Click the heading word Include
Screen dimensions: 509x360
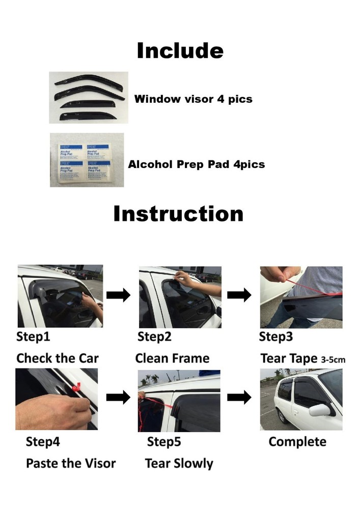(180, 51)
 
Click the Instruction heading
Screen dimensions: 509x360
(178, 214)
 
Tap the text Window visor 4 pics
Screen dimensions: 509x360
(193, 99)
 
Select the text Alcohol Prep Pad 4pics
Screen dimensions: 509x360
(196, 164)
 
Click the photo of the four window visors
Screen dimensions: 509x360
(89, 97)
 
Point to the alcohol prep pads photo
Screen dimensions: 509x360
(87, 160)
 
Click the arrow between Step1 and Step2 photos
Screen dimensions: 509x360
(119, 295)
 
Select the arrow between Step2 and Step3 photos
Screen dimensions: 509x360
(239, 295)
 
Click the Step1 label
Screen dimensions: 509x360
(33, 336)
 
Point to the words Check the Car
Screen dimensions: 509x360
(58, 358)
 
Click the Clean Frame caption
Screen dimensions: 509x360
(172, 358)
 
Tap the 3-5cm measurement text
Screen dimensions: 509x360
(333, 360)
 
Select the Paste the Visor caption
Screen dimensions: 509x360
(71, 463)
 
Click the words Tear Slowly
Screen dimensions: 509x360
(179, 463)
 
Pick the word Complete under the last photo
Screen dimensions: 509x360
(297, 441)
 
